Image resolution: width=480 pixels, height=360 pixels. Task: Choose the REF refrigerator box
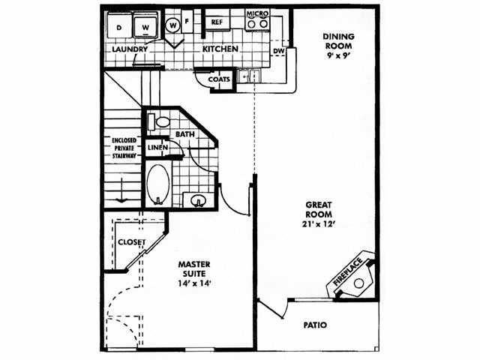[x=217, y=22]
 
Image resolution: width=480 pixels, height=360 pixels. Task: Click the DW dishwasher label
[x=279, y=51]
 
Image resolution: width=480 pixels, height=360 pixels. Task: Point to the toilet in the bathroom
[x=160, y=121]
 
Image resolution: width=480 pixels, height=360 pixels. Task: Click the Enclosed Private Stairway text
[x=123, y=153]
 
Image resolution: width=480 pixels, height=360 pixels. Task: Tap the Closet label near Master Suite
[x=132, y=242]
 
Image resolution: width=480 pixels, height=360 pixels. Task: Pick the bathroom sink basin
[x=198, y=200]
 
